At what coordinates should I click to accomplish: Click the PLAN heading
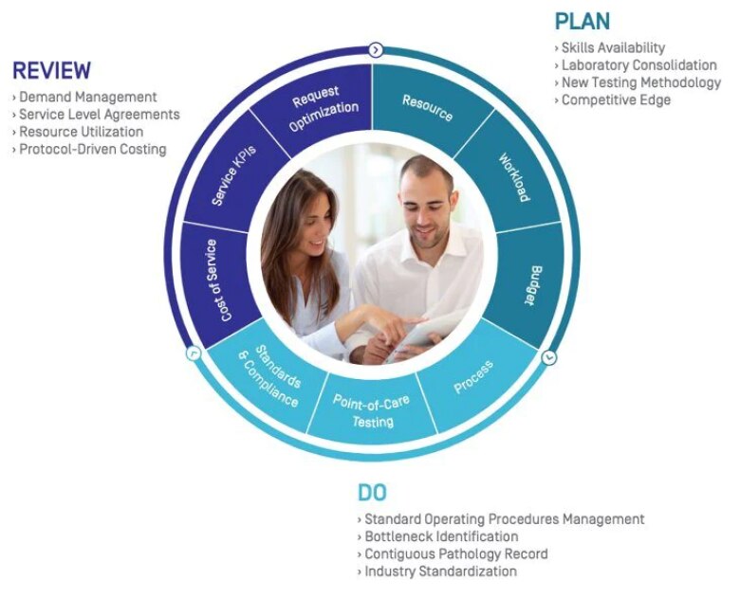click(583, 22)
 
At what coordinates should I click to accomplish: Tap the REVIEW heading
click(51, 71)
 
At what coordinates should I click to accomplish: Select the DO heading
click(372, 493)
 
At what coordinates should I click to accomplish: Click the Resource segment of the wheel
click(427, 107)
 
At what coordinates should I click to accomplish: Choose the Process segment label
click(472, 376)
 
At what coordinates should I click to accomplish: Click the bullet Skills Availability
click(613, 47)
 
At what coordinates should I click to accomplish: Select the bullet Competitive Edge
click(616, 100)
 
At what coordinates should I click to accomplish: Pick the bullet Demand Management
click(87, 97)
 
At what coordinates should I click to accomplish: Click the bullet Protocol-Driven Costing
click(92, 149)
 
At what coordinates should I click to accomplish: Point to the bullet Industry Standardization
click(440, 571)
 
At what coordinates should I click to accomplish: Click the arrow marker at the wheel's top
click(376, 49)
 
